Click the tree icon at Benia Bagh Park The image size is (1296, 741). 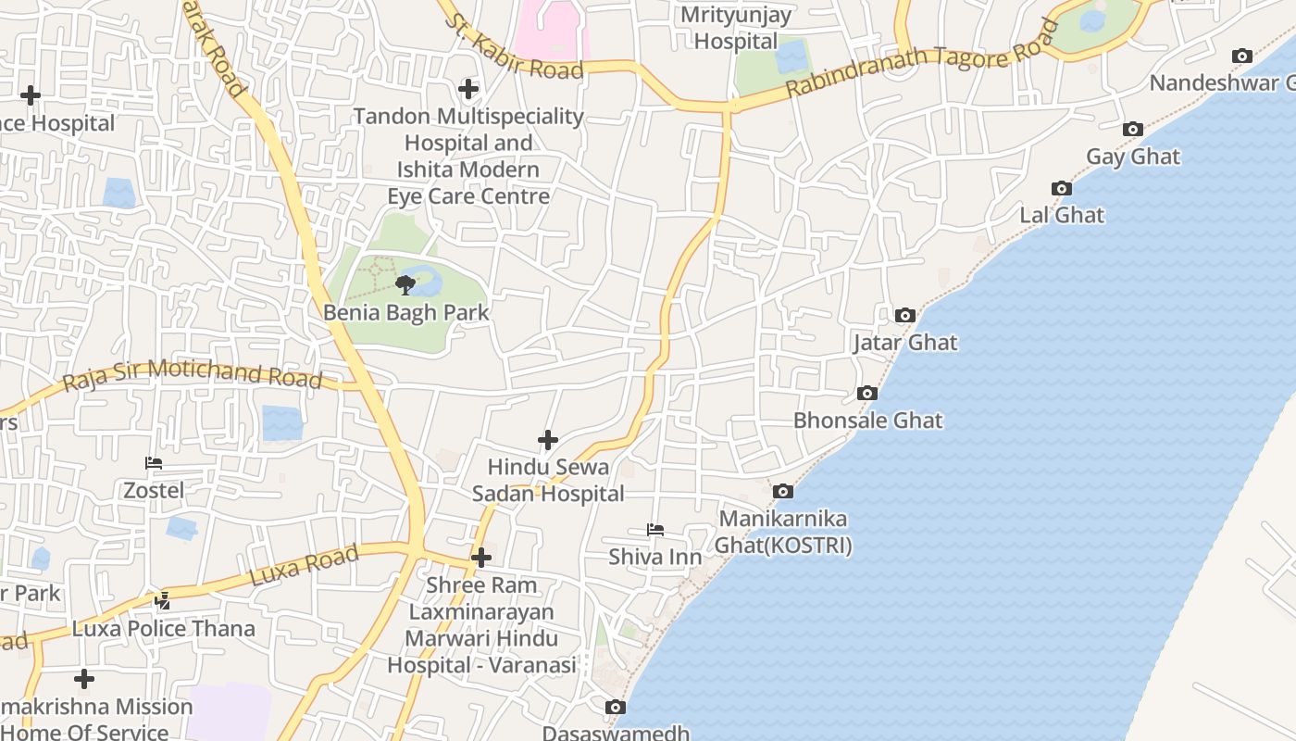point(405,284)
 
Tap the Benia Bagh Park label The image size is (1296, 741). point(405,312)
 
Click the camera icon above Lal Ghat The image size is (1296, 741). point(1062,189)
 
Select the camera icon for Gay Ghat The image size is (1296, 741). point(1132,130)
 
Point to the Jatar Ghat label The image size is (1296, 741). point(904,343)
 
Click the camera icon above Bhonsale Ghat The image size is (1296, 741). point(867,394)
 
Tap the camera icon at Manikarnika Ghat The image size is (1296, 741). point(783,492)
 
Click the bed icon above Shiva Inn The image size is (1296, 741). point(654,531)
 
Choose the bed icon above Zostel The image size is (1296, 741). point(154,463)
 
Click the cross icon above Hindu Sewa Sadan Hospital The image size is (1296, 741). point(548,440)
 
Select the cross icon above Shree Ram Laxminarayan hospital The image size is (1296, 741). point(481,558)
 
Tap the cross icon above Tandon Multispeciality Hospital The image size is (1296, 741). point(468,90)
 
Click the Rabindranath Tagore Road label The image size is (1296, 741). point(921,60)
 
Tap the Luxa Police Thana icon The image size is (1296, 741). point(163,601)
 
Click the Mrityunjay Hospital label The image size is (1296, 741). point(736,29)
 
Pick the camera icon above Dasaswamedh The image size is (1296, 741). point(616,708)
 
